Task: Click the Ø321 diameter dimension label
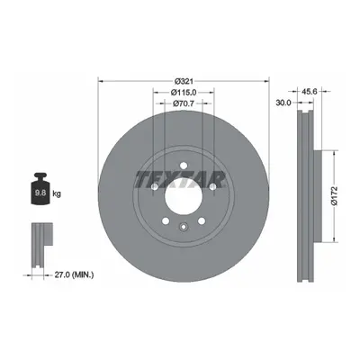pos(184,81)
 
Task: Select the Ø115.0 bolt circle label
pos(184,93)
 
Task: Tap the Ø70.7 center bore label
pos(184,103)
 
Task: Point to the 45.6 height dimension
pos(310,92)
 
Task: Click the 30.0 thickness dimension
pos(283,103)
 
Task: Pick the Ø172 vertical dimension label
pos(335,196)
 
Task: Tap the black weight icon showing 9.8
pos(40,189)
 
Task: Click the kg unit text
pos(57,193)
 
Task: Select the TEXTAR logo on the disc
pos(180,180)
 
